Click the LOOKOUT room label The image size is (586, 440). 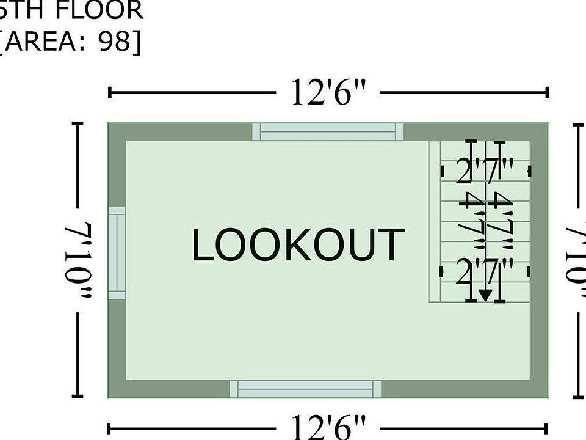pyautogui.click(x=298, y=244)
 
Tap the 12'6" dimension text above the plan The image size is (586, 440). pyautogui.click(x=328, y=93)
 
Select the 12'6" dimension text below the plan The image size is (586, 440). pyautogui.click(x=328, y=427)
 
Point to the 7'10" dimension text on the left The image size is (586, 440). pyautogui.click(x=78, y=260)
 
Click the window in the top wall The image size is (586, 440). pyautogui.click(x=328, y=131)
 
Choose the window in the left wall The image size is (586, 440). pyautogui.click(x=117, y=252)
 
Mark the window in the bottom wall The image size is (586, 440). pyautogui.click(x=305, y=389)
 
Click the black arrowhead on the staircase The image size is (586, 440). pyautogui.click(x=485, y=295)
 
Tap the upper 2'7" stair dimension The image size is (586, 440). pyautogui.click(x=485, y=171)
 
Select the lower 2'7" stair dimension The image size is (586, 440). pyautogui.click(x=485, y=272)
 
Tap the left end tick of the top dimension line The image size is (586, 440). pyautogui.click(x=109, y=93)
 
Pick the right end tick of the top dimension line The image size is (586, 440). pyautogui.click(x=548, y=93)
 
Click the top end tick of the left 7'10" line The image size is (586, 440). pyautogui.click(x=78, y=123)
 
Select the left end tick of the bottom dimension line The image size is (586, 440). pyautogui.click(x=109, y=428)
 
